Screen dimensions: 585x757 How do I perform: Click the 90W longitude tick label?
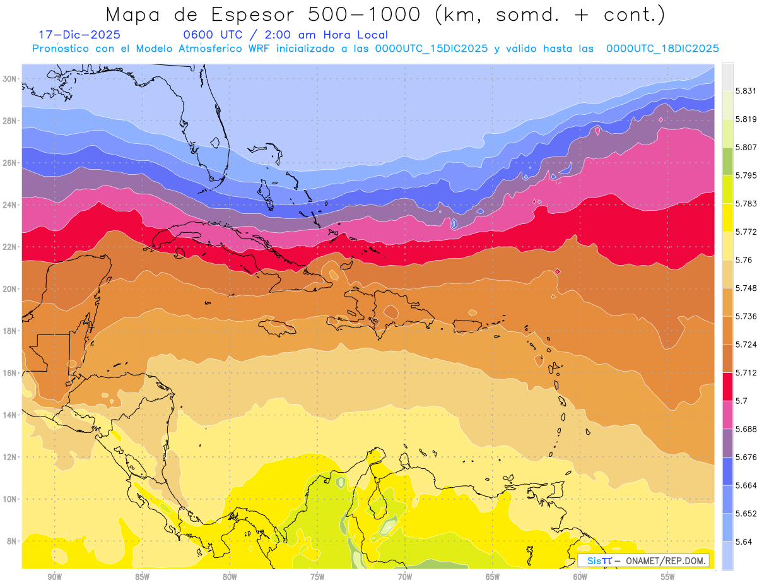[x=54, y=577]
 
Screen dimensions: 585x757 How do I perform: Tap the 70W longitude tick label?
[x=405, y=577]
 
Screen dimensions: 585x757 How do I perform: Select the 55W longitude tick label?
[x=667, y=577]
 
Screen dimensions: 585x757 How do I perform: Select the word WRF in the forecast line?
[x=264, y=49]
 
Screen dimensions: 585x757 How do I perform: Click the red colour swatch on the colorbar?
[x=727, y=384]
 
